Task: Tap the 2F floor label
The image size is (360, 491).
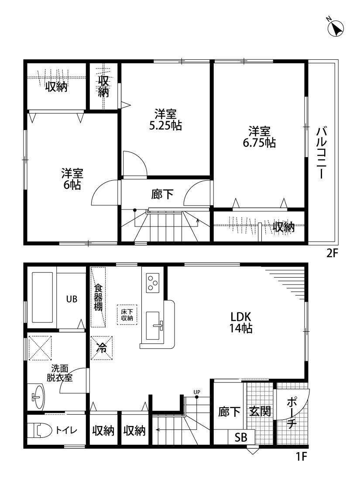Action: click(333, 254)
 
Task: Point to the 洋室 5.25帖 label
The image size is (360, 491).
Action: click(165, 120)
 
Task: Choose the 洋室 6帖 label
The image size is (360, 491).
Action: click(72, 179)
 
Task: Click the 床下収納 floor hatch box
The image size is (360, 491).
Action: click(127, 316)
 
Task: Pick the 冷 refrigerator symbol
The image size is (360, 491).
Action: click(101, 348)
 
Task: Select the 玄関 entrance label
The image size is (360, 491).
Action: click(260, 412)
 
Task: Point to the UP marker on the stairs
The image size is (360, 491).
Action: click(197, 392)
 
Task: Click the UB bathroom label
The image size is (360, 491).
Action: click(72, 299)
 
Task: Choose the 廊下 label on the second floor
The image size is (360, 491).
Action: click(162, 194)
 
